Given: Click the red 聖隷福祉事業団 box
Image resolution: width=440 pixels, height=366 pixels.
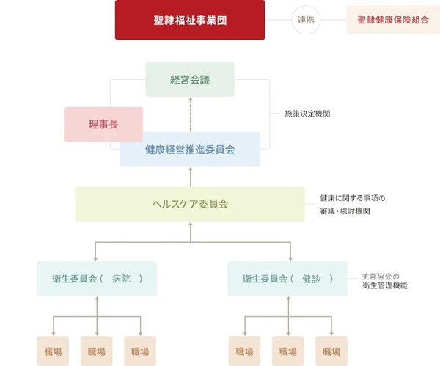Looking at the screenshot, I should (190, 20).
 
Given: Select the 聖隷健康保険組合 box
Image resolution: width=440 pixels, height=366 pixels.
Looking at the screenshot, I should (388, 20).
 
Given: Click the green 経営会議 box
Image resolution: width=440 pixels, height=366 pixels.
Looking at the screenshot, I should (190, 79).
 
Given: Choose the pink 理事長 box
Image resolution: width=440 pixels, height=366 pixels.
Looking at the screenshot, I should (102, 124).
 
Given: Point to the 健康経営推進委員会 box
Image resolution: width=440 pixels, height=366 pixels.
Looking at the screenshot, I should (190, 149).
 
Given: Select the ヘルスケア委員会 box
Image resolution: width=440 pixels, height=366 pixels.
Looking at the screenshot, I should (190, 204).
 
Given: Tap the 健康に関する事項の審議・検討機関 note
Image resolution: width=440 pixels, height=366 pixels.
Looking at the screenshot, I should (352, 204).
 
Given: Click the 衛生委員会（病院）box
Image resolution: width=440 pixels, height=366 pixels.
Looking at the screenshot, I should (97, 279).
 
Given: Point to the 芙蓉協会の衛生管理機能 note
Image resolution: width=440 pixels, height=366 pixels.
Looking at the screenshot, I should (385, 281).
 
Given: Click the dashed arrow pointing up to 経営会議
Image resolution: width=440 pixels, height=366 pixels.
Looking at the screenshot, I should (190, 114).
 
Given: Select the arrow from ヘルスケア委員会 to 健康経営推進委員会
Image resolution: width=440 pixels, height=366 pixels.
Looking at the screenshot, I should (190, 177).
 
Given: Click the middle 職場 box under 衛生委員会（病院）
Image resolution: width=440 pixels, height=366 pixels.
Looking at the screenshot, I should (98, 351).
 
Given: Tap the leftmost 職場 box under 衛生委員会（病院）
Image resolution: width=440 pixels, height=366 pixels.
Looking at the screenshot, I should (54, 351).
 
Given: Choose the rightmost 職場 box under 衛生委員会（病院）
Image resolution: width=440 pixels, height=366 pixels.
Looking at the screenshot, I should (141, 351).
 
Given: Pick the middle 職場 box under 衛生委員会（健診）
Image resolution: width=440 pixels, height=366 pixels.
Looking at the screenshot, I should (287, 351).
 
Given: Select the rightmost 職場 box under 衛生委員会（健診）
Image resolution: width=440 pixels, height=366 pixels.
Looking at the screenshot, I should (331, 351).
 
